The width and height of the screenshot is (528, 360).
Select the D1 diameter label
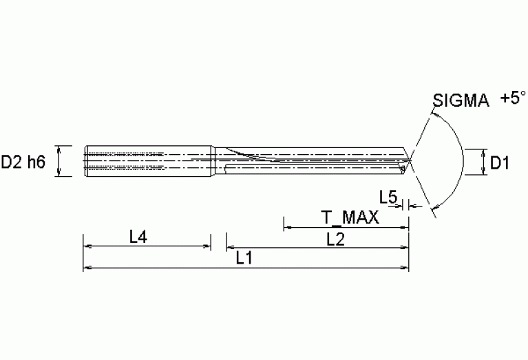click(499, 162)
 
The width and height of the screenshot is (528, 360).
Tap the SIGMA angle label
click(461, 101)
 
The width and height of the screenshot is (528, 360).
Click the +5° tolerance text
click(514, 98)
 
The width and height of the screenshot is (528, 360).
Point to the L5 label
click(388, 198)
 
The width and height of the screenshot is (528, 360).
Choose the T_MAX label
click(350, 218)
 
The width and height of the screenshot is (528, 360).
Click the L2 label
click(336, 238)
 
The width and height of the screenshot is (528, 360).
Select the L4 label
click(138, 237)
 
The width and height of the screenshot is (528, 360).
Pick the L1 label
click(244, 259)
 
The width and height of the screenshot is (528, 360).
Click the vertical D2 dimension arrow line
click(59, 162)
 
